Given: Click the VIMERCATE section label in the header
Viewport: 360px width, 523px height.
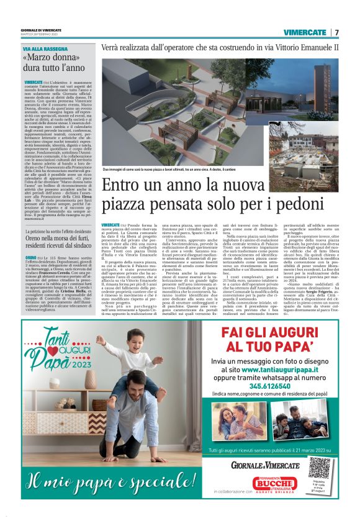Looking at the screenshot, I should tap(305, 32).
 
